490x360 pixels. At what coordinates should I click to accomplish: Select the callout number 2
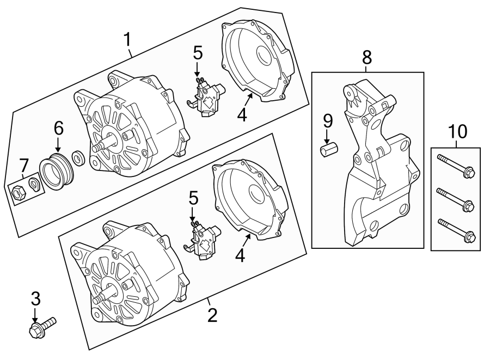click(x=212, y=314)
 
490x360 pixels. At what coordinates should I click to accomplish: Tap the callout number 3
click(x=35, y=298)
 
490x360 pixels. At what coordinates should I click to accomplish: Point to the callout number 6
click(x=58, y=129)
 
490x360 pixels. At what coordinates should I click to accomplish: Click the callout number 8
click(x=367, y=56)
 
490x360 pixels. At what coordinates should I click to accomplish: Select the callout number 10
click(x=458, y=131)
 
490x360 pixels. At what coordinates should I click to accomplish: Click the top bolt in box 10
click(x=456, y=166)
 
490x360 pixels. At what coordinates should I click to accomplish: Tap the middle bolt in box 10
click(x=456, y=200)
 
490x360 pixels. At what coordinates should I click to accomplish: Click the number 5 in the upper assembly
click(x=198, y=53)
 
